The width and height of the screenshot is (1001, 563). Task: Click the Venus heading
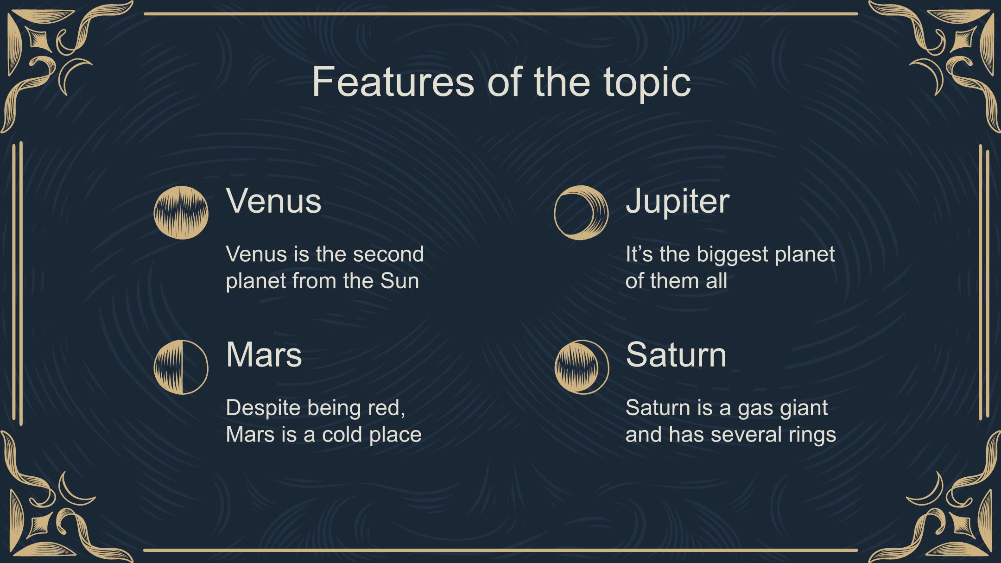[273, 201]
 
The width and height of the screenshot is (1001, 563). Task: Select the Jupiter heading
[678, 203]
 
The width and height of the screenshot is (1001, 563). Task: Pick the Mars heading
[264, 355]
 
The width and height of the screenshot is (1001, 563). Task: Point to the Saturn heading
[676, 355]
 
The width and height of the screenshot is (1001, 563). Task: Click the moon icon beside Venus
[181, 213]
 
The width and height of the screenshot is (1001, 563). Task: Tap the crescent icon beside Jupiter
[581, 213]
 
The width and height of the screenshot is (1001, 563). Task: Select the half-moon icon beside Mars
[181, 367]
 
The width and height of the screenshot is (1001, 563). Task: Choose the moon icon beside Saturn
[581, 367]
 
